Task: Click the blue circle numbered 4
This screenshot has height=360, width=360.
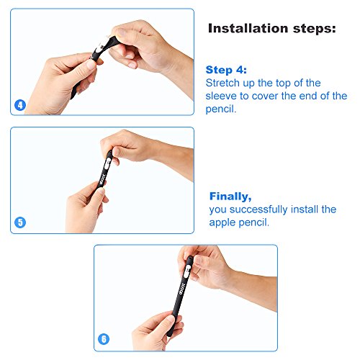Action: [x=20, y=105]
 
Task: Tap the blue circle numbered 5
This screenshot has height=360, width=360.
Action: [x=20, y=222]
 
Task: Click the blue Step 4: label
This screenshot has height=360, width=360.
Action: [x=227, y=70]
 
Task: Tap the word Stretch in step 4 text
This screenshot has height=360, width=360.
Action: [x=223, y=83]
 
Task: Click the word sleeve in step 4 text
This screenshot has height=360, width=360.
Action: [x=223, y=96]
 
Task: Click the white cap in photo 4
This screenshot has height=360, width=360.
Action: [x=98, y=52]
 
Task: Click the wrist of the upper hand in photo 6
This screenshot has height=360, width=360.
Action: [x=241, y=277]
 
